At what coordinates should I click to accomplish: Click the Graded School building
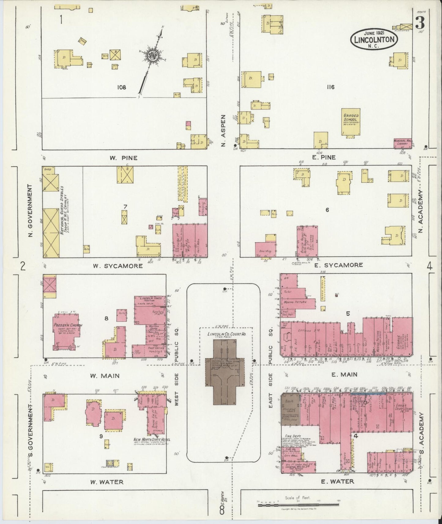pyautogui.click(x=351, y=122)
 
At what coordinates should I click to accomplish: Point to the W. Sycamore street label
pyautogui.click(x=118, y=266)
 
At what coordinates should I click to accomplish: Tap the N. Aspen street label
pyautogui.click(x=224, y=131)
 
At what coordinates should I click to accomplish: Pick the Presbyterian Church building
pyautogui.click(x=68, y=330)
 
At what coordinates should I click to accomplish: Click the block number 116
pyautogui.click(x=330, y=87)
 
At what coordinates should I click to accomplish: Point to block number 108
pyautogui.click(x=121, y=87)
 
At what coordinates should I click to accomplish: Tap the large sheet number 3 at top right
pyautogui.click(x=421, y=23)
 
